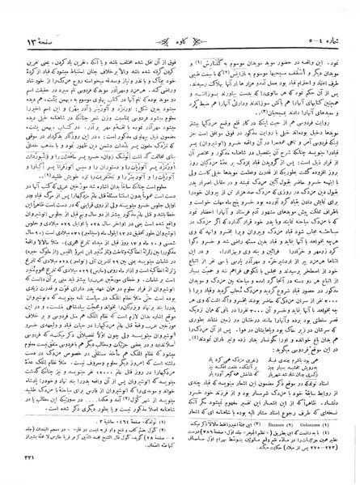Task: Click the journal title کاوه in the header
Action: tap(180, 14)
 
